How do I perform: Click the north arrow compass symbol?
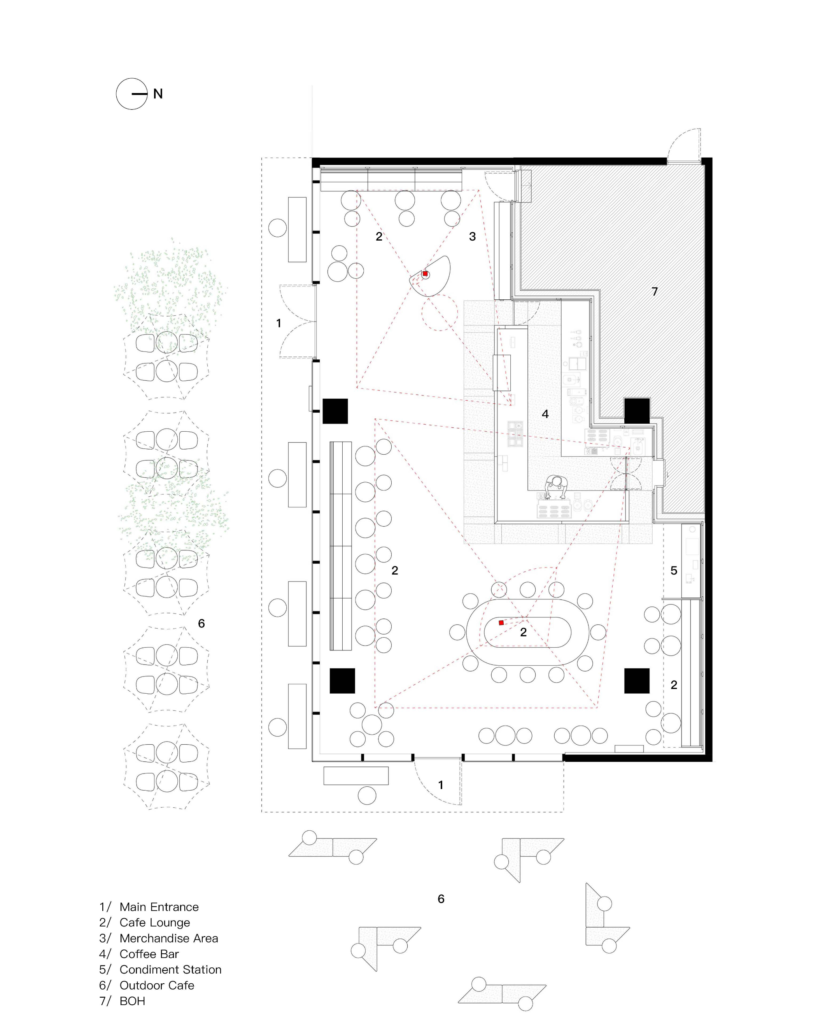pos(132,94)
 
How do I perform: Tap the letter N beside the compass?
pos(158,94)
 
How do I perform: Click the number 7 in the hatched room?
pos(655,292)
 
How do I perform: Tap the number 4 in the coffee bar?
pos(545,414)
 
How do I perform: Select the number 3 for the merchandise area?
pos(472,237)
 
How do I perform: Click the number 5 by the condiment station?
pos(674,570)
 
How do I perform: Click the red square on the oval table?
pos(501,623)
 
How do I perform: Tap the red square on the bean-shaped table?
pos(425,274)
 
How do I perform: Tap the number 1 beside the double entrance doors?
pos(279,323)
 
